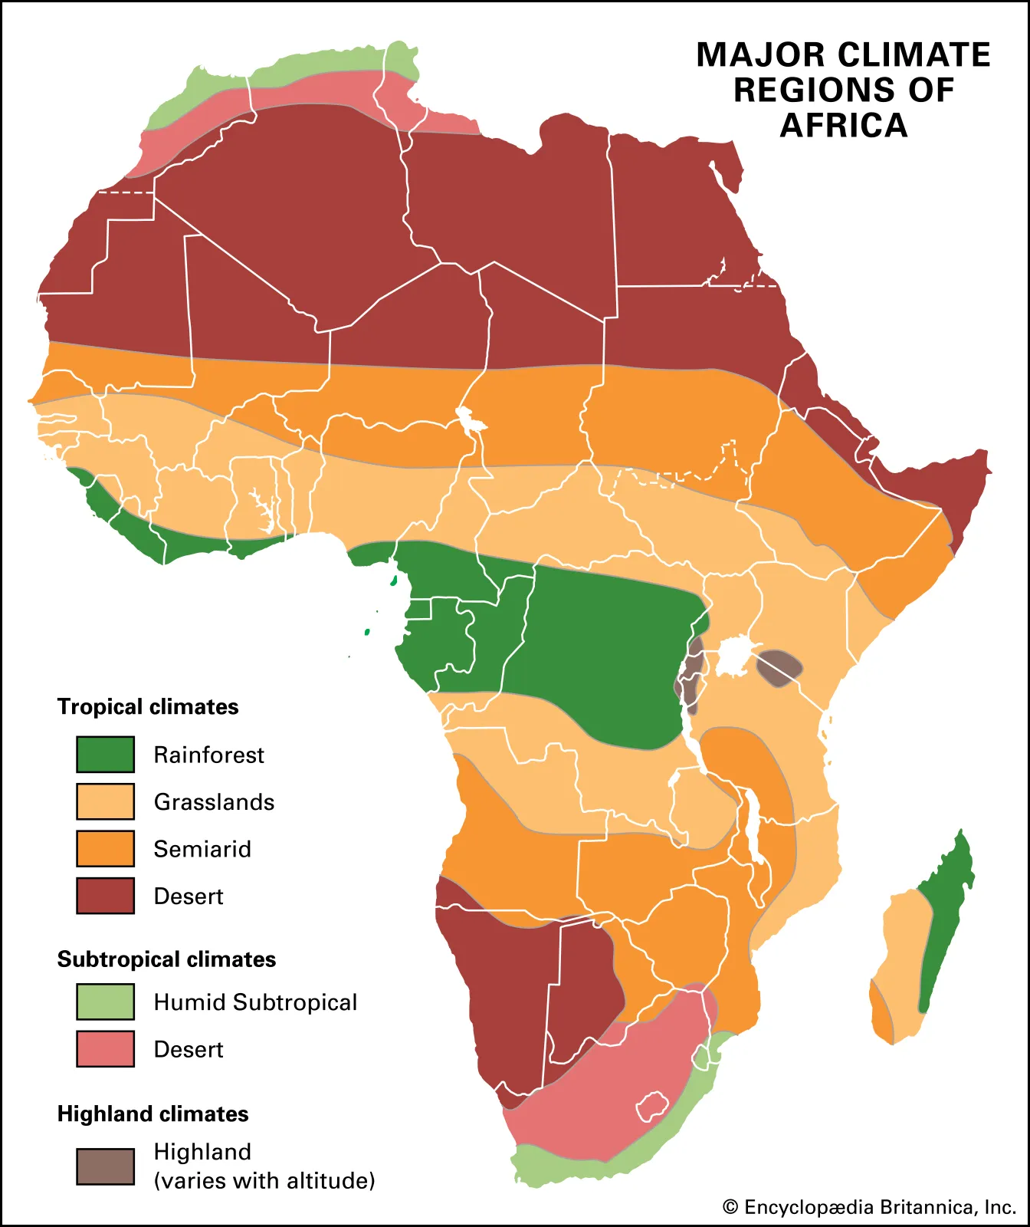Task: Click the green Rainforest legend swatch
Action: point(105,754)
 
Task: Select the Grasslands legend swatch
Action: point(105,801)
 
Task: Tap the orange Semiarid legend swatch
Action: point(105,848)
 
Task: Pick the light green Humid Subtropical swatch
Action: point(105,1002)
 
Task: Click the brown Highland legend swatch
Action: point(105,1166)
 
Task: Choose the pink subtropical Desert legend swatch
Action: point(105,1048)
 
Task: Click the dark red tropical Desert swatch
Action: point(105,896)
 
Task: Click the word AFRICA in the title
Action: point(843,125)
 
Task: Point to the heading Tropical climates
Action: point(148,706)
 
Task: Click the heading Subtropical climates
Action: point(166,959)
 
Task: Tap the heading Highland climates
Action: point(153,1114)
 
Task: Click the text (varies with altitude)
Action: point(264,1180)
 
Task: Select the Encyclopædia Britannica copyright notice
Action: point(869,1207)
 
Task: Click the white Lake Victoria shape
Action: point(733,654)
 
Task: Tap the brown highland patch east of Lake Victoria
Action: point(779,667)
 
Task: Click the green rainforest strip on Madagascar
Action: point(944,920)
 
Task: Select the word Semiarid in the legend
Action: point(202,849)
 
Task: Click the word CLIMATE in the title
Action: point(913,55)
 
